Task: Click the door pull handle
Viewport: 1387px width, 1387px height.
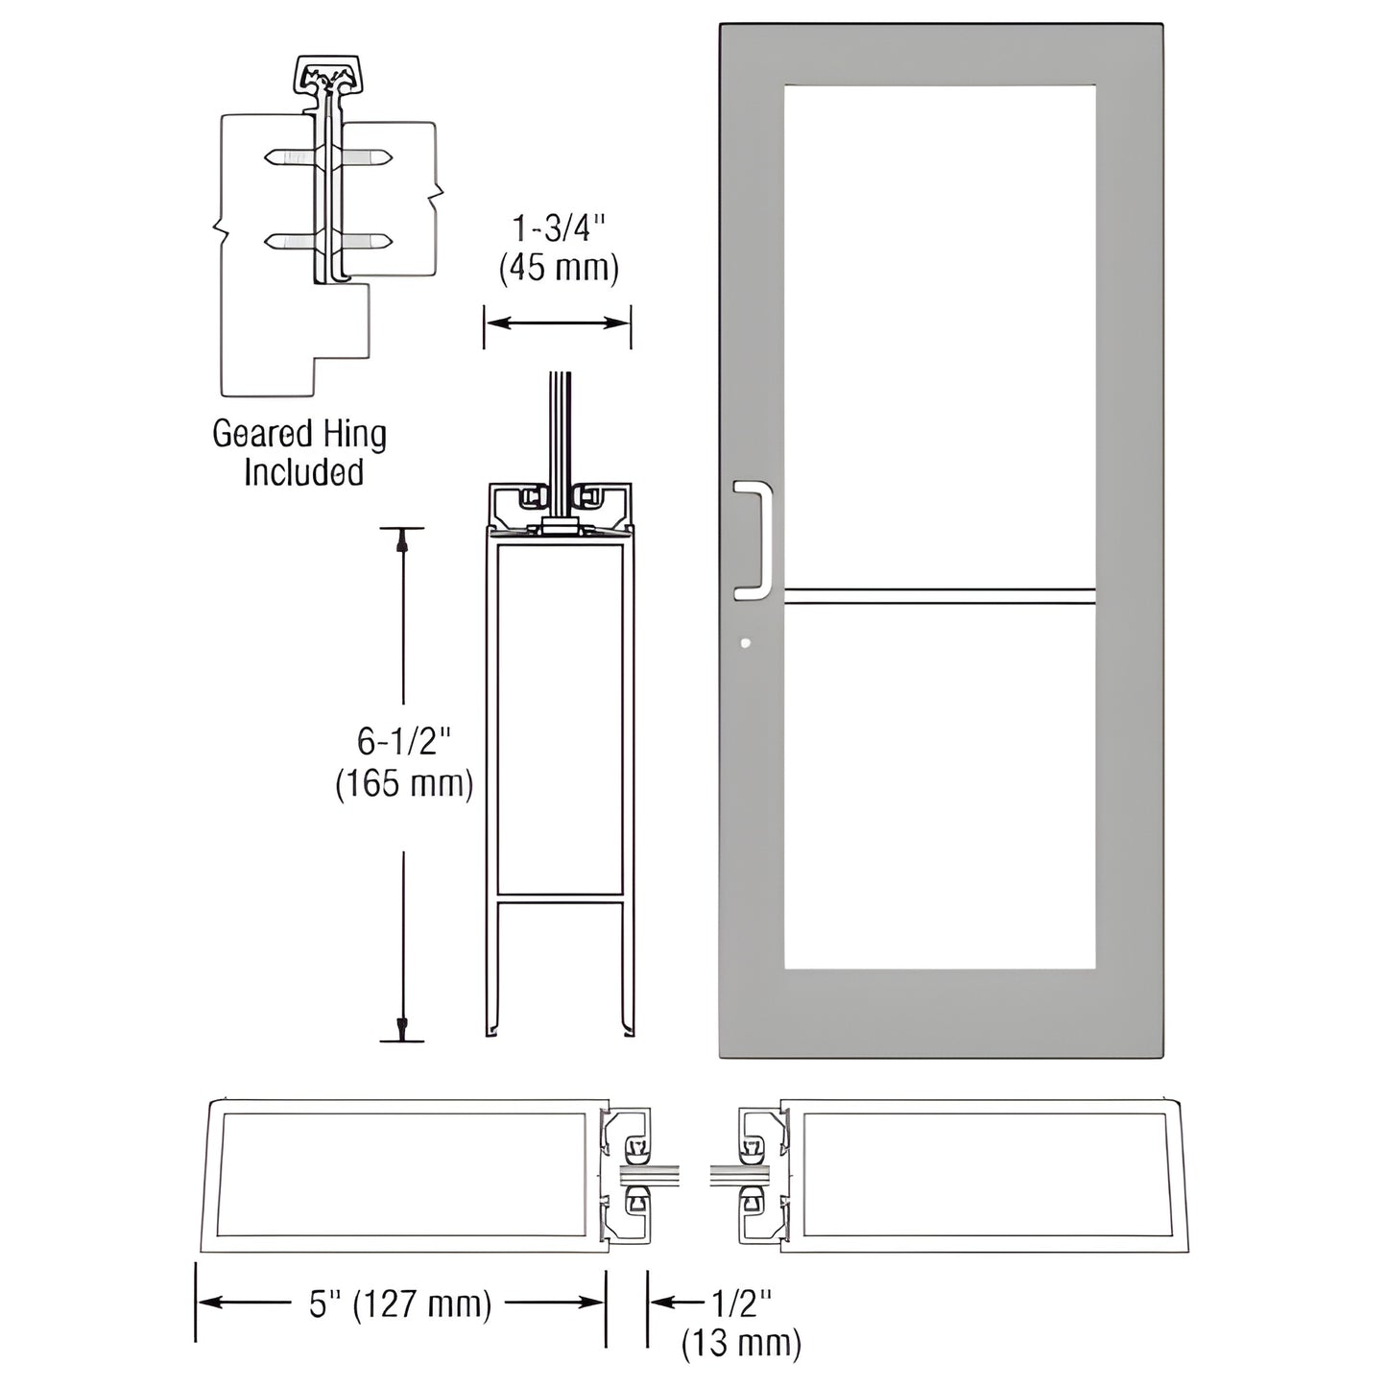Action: [x=758, y=543]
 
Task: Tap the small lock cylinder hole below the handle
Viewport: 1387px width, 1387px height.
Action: [x=745, y=644]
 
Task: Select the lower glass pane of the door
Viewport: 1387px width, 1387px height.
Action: [x=939, y=787]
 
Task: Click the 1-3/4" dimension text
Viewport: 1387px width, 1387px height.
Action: [x=559, y=229]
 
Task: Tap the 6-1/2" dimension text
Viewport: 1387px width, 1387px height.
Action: [x=404, y=741]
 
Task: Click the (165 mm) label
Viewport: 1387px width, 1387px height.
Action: [x=404, y=783]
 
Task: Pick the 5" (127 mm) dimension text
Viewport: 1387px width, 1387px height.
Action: [x=400, y=1304]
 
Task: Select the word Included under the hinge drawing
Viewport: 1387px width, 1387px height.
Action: [x=303, y=472]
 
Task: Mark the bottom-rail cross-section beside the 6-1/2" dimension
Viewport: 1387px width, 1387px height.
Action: [x=561, y=768]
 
